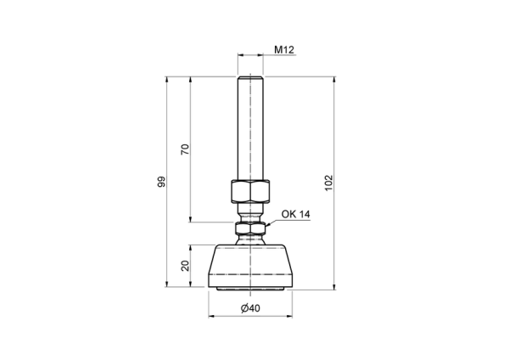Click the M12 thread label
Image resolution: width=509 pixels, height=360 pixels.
click(284, 50)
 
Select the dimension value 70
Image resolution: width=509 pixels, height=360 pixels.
click(184, 149)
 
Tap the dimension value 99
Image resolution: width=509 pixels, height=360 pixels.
click(161, 182)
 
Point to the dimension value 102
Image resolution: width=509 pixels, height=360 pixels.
click(329, 183)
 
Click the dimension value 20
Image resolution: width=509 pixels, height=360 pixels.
click(185, 266)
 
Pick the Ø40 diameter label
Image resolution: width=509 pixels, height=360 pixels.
click(250, 307)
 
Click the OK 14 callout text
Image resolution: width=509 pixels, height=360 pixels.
click(295, 214)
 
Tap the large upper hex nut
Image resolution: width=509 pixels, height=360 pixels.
click(250, 191)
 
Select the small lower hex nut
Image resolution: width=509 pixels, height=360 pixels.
click(250, 228)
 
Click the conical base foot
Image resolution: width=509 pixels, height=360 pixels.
click(250, 266)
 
